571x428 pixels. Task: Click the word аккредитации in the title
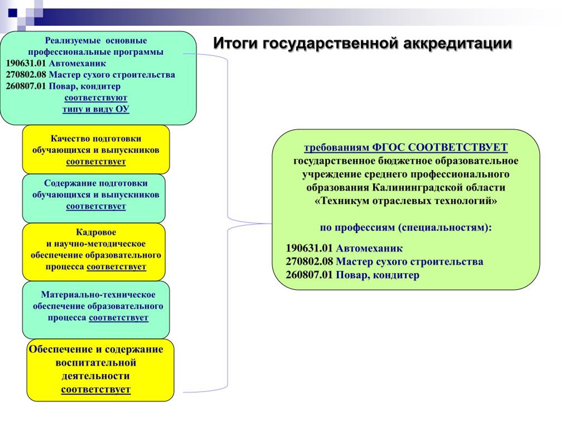[457, 43]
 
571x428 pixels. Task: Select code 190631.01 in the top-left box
[26, 63]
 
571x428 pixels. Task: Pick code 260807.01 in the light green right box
[309, 275]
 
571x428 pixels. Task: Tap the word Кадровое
[96, 232]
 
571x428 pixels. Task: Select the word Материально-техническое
[98, 295]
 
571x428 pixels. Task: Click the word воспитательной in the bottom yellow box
[96, 363]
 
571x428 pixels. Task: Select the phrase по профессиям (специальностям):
[406, 228]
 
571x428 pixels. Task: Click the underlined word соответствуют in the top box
[96, 97]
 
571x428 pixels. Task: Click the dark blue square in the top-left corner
[13, 13]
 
